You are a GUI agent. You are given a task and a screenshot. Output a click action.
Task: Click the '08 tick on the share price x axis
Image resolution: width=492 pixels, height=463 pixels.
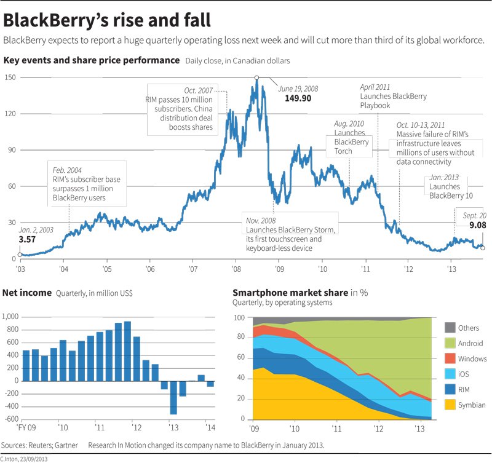pos(236,269)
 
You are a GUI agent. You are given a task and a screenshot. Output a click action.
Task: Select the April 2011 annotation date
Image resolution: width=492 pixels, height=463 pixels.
pos(375,87)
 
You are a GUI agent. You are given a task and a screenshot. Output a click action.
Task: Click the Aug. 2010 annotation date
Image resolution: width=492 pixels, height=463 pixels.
pos(349,124)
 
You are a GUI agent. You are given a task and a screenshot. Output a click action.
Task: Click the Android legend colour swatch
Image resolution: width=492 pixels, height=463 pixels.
pos(450,343)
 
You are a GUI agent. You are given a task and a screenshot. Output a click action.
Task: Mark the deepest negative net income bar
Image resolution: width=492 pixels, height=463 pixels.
pos(173,397)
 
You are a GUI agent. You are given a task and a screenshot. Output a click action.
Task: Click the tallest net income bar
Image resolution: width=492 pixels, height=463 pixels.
pos(127,350)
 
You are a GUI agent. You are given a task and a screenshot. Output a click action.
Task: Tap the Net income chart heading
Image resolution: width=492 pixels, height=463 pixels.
pos(27,293)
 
